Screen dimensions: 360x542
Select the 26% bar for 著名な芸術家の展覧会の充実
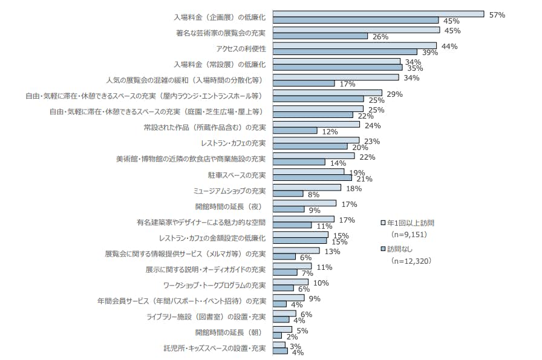tap(320, 36)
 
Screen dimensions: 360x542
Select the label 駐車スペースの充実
tap(236, 175)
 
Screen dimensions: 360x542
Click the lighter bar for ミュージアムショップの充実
tap(307, 188)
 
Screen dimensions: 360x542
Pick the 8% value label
tap(313, 195)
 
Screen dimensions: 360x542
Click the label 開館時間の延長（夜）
tap(232, 207)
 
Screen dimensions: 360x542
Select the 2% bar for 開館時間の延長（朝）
tap(277, 335)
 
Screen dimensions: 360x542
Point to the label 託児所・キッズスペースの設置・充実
tap(214, 349)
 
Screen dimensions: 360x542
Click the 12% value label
tap(329, 131)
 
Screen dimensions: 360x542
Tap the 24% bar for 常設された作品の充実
tap(316, 124)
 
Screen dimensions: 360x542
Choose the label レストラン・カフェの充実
tap(233, 143)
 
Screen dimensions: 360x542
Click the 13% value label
tap(332, 252)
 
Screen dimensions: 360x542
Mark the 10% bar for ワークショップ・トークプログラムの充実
tap(290, 282)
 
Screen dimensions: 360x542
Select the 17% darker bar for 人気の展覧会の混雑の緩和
tap(304, 83)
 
